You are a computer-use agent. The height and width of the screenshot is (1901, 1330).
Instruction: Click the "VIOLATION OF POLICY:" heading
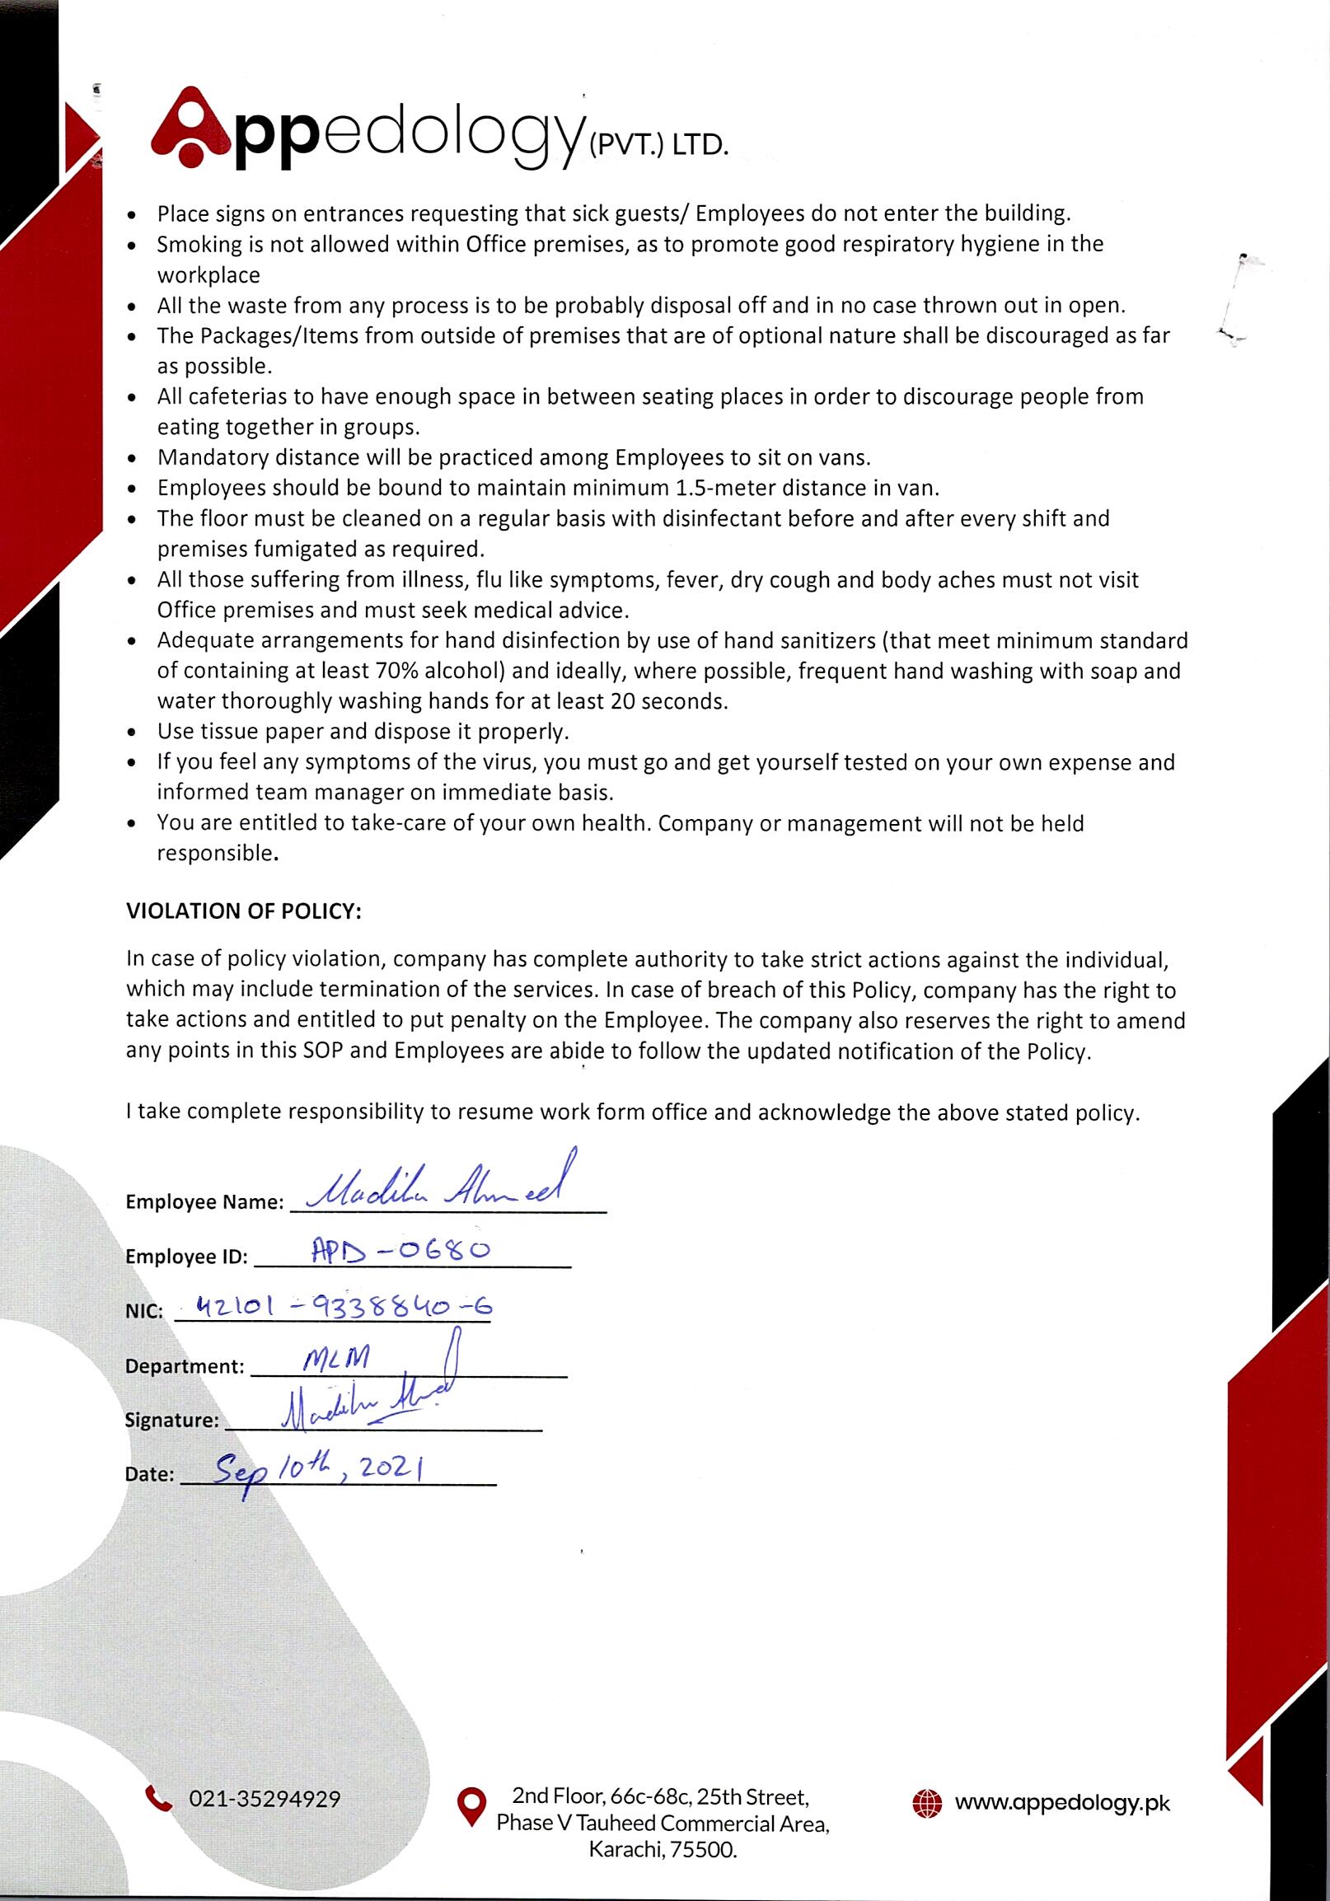click(243, 911)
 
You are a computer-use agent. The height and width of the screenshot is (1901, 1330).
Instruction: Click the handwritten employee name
click(430, 1189)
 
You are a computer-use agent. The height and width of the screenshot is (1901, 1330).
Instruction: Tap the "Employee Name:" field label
click(204, 1202)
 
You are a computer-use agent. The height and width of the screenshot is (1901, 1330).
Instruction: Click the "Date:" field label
click(150, 1475)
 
